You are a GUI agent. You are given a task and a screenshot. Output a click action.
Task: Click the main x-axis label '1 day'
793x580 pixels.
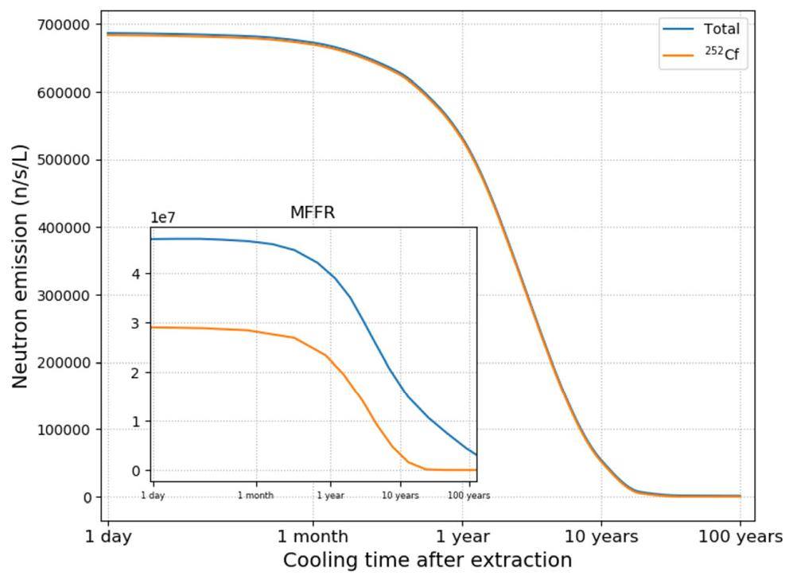pos(107,537)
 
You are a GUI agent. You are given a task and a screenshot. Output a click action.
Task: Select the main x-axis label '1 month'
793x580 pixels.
pos(313,537)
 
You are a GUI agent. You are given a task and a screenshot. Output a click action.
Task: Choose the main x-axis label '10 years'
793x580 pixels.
pos(601,537)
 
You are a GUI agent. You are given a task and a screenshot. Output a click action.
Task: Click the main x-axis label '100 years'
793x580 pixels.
pos(740,537)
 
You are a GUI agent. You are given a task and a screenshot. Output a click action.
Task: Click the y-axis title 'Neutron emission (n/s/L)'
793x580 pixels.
pos(21,267)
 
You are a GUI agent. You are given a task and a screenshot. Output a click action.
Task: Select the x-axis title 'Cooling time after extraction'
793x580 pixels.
pos(427,560)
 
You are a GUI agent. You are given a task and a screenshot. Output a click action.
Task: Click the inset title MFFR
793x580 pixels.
pos(313,212)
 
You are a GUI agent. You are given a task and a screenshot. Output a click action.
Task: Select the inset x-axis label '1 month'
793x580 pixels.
pos(255,496)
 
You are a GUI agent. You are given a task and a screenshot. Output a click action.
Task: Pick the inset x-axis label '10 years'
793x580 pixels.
pos(400,496)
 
